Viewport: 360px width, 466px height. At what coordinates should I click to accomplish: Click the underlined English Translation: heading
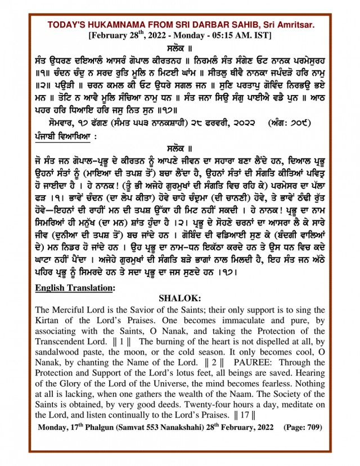coord(74,288)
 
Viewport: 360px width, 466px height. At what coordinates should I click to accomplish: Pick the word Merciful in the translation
coord(74,310)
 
